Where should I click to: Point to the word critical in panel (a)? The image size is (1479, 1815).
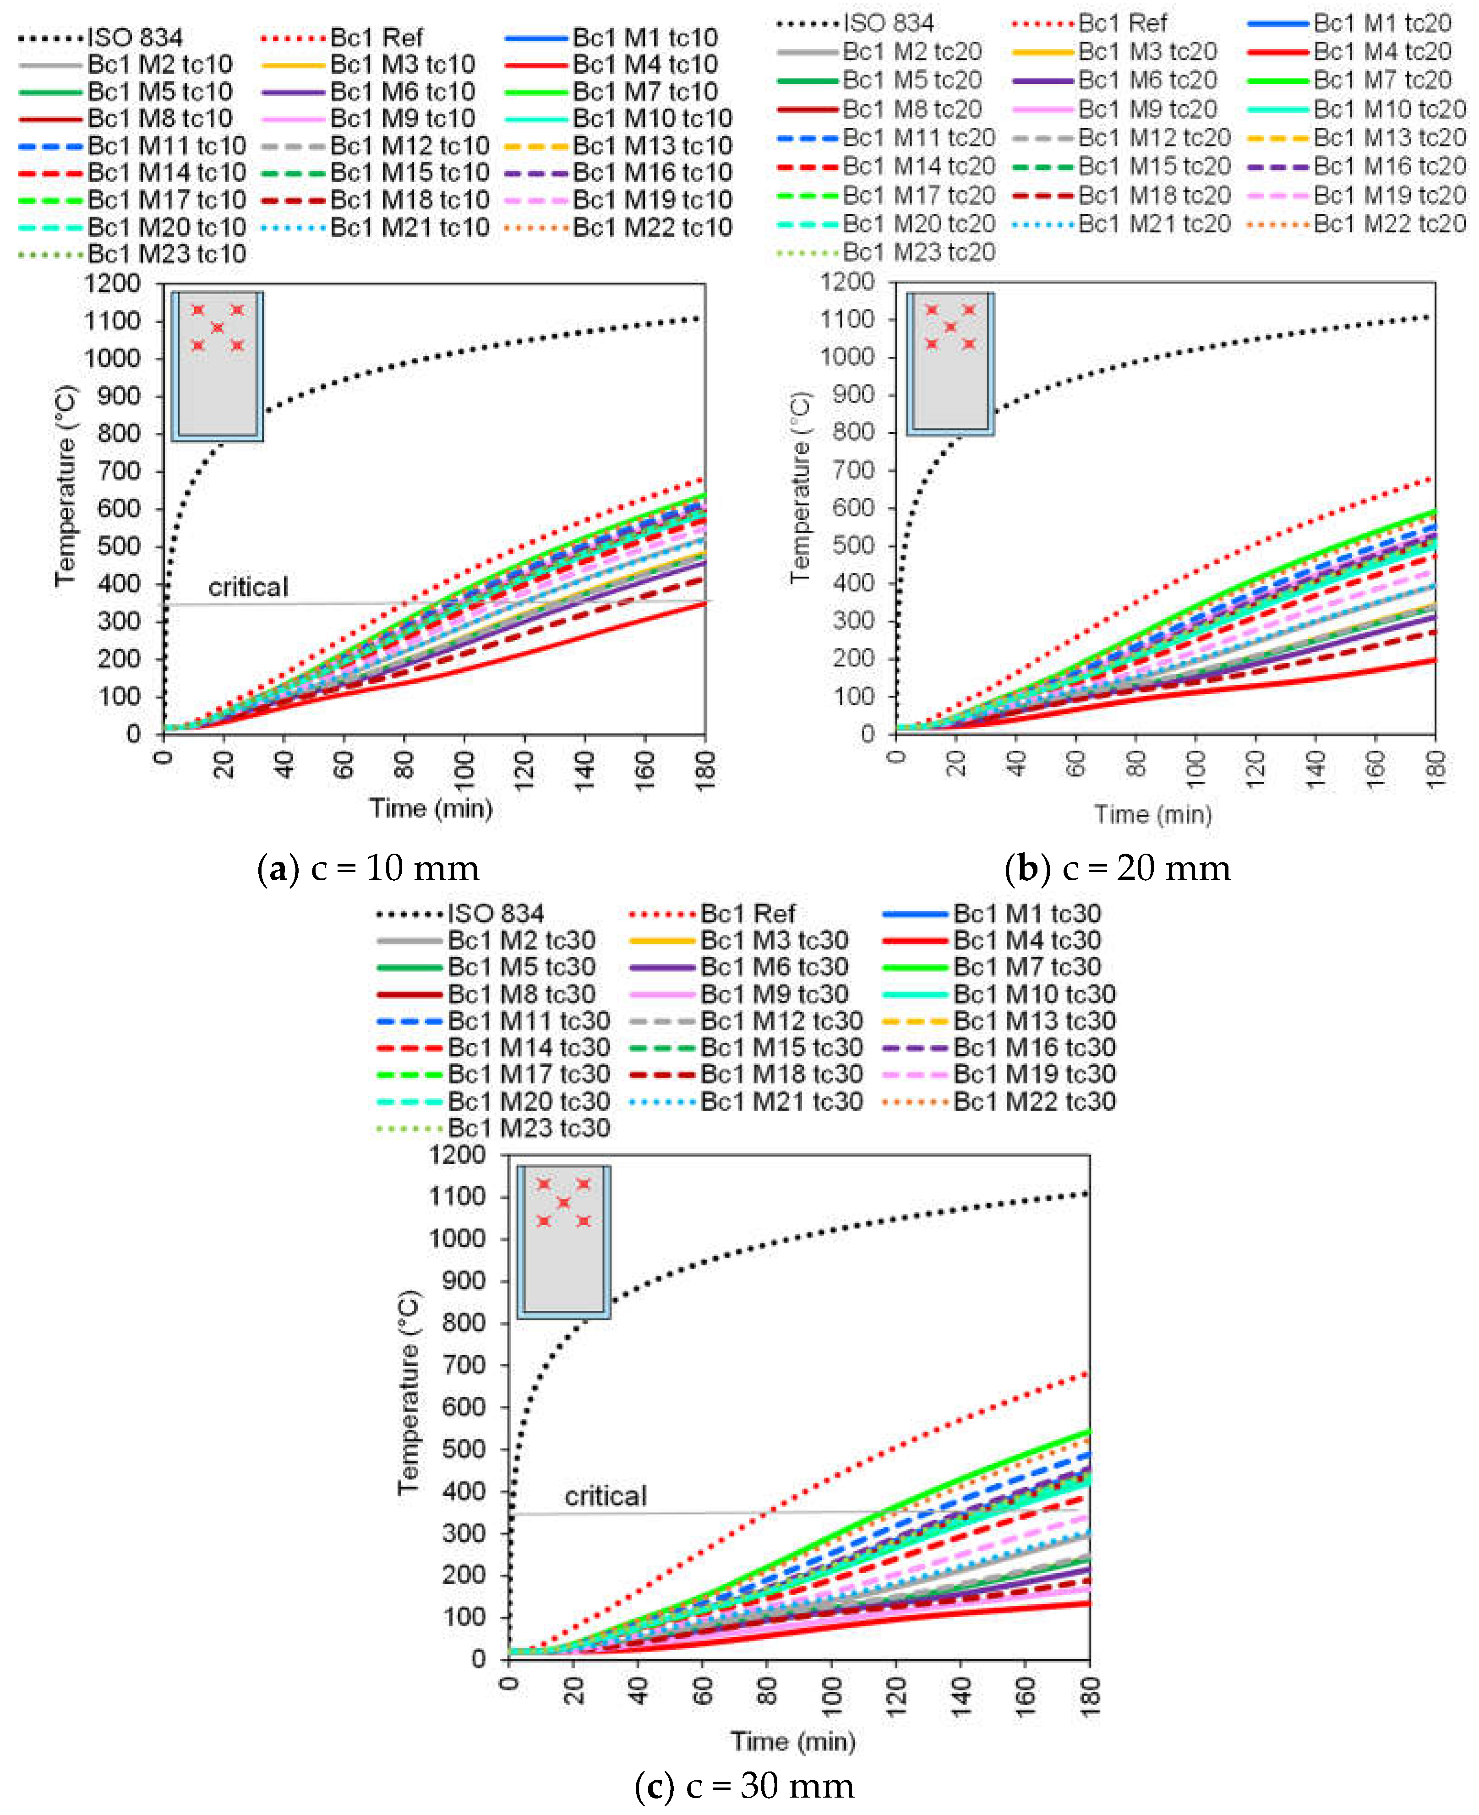click(248, 587)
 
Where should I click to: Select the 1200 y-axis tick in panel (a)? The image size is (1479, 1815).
click(112, 283)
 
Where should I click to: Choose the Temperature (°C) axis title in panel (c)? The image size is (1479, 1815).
click(409, 1393)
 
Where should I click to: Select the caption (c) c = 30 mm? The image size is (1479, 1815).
click(744, 1785)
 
